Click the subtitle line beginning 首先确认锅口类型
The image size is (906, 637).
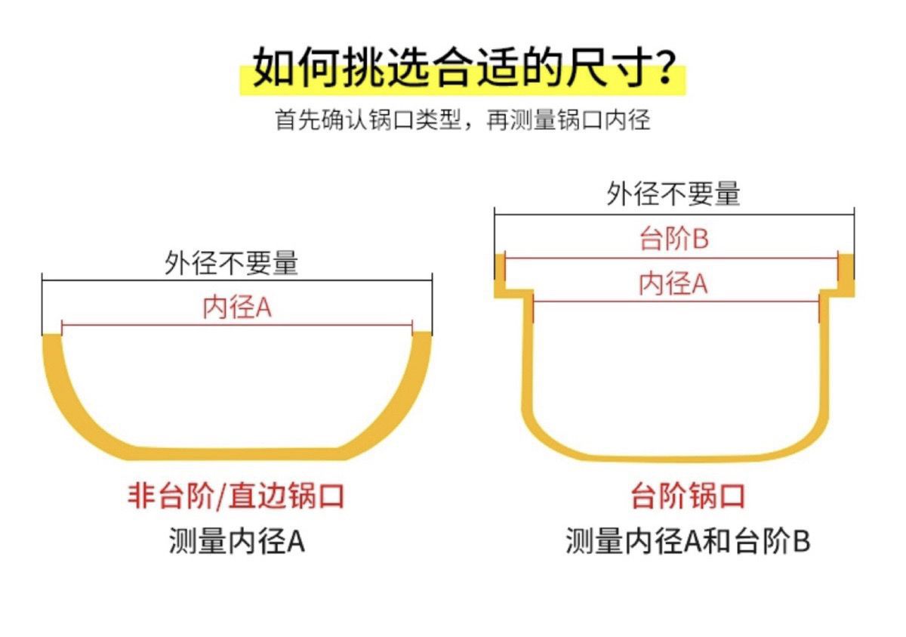(462, 119)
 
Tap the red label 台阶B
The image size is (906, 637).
(673, 240)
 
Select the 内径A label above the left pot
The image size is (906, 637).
(236, 308)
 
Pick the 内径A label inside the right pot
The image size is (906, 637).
(673, 284)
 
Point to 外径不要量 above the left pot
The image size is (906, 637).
(232, 264)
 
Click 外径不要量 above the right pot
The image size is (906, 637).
(673, 194)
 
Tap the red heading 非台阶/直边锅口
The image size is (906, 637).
(236, 496)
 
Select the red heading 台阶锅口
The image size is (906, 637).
(688, 496)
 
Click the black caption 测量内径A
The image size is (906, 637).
(236, 542)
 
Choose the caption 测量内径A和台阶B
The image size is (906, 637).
(688, 542)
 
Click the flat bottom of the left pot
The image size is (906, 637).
(236, 453)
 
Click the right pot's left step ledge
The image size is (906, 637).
(512, 289)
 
